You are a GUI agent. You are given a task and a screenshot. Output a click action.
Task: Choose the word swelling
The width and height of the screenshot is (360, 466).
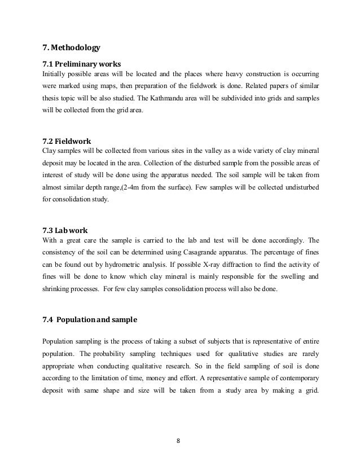(286, 277)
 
